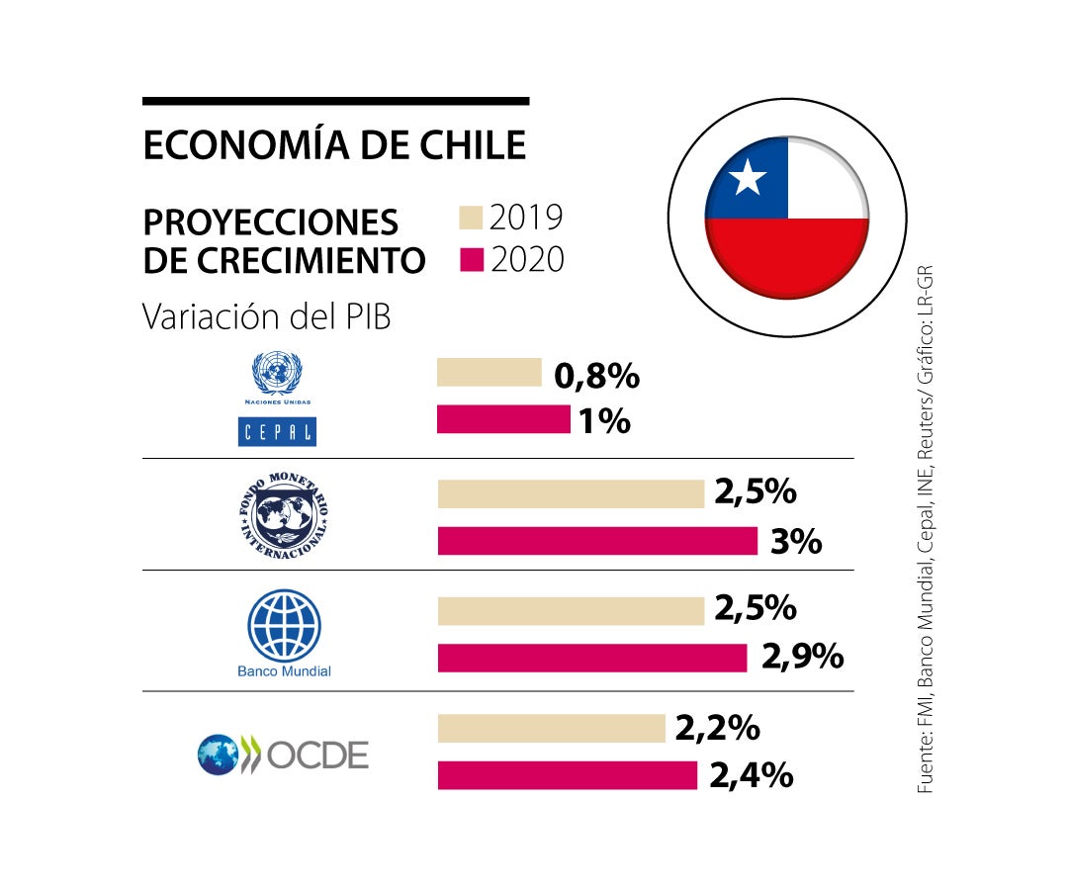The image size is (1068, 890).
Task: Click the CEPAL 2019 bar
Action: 489,373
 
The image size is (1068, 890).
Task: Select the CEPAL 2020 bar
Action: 503,419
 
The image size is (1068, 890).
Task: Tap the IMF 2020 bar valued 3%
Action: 597,541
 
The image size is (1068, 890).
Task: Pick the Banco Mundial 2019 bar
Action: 571,611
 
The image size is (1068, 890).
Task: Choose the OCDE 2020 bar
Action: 567,775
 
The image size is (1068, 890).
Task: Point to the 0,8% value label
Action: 597,376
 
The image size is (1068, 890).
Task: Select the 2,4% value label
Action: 751,775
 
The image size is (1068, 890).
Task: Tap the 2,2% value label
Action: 717,729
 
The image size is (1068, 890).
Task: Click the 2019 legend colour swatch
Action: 472,218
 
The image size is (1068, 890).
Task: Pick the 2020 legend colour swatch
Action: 472,260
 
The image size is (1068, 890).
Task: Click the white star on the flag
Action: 748,179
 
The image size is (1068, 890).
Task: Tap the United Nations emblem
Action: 277,374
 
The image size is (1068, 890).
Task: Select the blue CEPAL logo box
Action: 277,431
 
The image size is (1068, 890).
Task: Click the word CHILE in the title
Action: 466,145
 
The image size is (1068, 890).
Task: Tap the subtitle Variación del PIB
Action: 266,316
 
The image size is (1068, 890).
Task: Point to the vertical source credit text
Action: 925,530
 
